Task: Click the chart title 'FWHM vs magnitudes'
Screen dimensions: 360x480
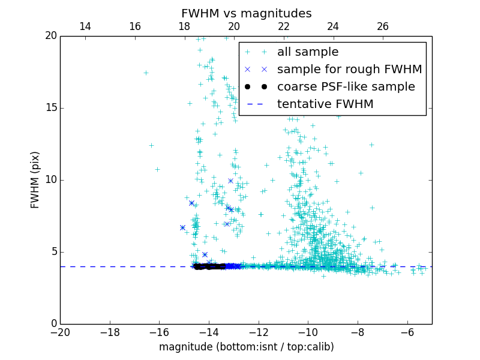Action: point(246,13)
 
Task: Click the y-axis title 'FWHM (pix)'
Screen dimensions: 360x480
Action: point(35,179)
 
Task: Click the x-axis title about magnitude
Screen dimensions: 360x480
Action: point(246,347)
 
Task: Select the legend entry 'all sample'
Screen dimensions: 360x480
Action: point(308,52)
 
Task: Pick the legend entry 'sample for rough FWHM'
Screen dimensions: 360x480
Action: point(349,70)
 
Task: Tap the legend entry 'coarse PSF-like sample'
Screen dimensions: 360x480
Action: point(346,87)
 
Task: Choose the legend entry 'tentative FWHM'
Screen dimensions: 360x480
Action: point(325,104)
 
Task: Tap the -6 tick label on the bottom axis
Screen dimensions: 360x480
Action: point(407,332)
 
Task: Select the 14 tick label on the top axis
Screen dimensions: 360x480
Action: point(85,26)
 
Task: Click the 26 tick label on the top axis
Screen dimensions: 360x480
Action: point(383,26)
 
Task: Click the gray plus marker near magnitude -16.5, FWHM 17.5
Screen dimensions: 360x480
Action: point(146,73)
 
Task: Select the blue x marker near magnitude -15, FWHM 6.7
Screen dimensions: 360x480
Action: point(182,227)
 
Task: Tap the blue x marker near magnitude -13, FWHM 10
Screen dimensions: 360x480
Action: point(230,181)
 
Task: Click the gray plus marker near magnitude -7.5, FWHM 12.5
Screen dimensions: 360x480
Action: point(371,145)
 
